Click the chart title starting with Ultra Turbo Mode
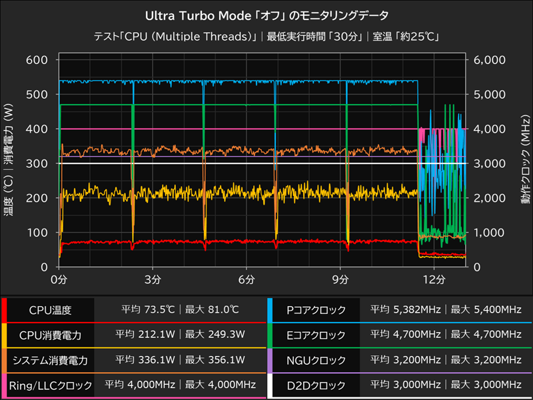266,14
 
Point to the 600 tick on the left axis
37,60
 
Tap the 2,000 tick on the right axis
488,198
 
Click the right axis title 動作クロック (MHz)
525,163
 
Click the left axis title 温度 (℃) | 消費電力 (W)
9,163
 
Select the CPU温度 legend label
50,309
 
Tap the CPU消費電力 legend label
50,335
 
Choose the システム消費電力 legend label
50,360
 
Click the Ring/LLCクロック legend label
50,385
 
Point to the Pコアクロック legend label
316,309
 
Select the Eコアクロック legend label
316,335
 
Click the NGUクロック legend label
316,360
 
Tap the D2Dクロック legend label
316,385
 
